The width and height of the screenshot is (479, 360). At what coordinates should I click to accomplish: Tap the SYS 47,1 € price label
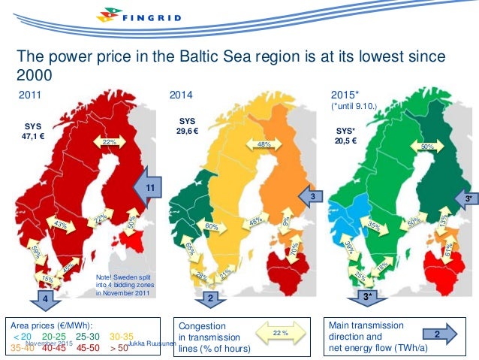pos(32,132)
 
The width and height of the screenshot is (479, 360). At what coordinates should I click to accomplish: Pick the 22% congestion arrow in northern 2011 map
pos(109,142)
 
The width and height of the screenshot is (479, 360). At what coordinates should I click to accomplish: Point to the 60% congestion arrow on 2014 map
pos(212,225)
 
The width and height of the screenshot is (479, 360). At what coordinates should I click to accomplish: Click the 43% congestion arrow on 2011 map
pos(62,224)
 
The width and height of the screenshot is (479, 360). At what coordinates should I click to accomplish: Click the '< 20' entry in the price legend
pos(23,336)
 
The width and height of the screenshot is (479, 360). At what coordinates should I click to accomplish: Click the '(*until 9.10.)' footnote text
pos(358,107)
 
